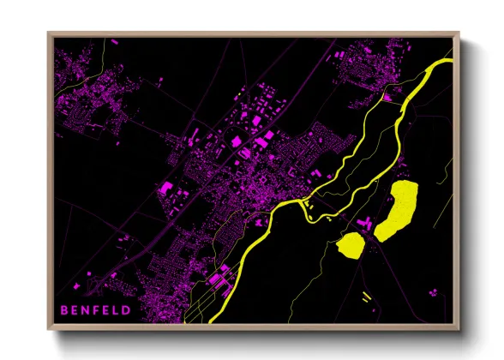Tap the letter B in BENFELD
(x=63, y=309)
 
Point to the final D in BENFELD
(x=127, y=309)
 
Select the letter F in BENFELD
(x=95, y=309)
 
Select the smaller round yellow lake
(x=350, y=245)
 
